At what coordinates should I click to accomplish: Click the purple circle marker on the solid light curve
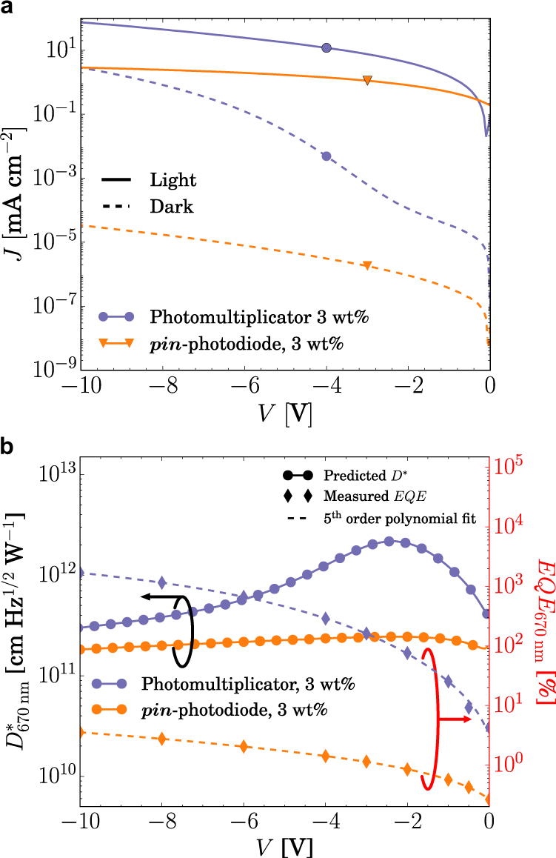326,48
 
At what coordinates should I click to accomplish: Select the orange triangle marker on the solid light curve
367,80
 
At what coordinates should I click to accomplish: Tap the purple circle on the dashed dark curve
326,156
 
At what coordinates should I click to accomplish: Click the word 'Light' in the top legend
173,180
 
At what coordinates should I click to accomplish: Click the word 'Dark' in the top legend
171,207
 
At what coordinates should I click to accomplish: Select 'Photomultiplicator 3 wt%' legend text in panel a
259,317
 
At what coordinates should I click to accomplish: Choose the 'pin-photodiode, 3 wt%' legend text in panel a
249,343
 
